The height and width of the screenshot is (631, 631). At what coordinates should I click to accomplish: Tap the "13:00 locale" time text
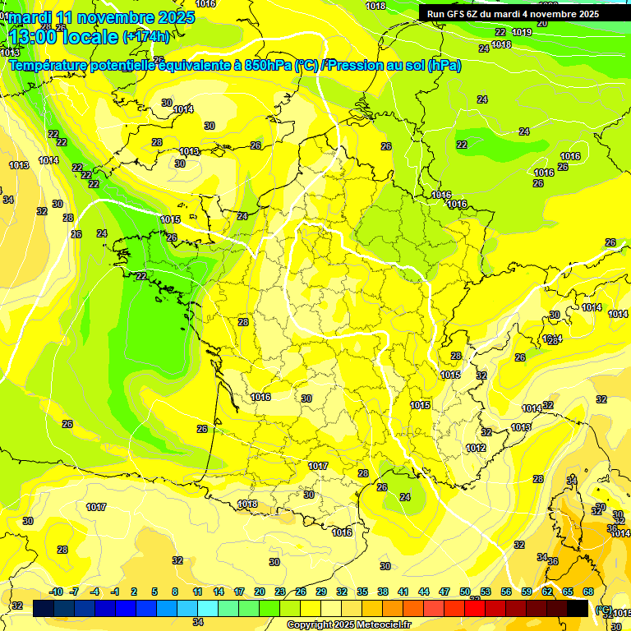pos(62,36)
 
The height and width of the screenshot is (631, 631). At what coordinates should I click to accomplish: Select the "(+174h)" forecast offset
pos(146,36)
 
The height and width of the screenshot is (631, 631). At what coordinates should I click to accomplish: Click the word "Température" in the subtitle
pos(50,65)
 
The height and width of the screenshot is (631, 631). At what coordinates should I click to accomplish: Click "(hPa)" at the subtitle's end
pos(444,65)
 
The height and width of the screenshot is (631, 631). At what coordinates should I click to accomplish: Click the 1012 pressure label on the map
pos(475,448)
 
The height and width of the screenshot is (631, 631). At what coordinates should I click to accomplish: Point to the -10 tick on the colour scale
pos(56,592)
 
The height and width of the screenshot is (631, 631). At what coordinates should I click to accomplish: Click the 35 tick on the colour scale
pos(362,592)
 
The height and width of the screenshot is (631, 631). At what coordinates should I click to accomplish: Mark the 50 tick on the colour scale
pos(465,592)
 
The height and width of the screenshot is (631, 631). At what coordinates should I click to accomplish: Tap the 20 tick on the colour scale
pos(260,592)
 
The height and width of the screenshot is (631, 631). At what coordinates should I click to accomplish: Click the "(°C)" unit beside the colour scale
pos(603,609)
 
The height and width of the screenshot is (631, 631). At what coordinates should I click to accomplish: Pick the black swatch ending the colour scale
pos(578,608)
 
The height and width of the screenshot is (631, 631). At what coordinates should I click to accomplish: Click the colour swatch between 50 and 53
pos(475,608)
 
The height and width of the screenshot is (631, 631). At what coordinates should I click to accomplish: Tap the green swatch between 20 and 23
pos(269,608)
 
